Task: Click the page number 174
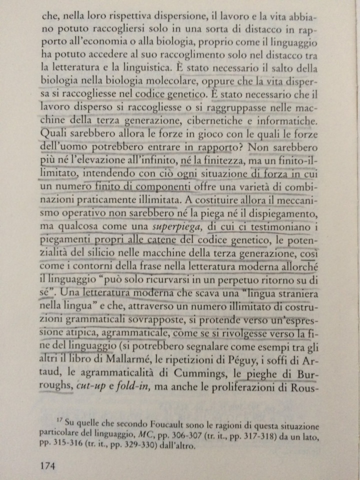click(x=50, y=465)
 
